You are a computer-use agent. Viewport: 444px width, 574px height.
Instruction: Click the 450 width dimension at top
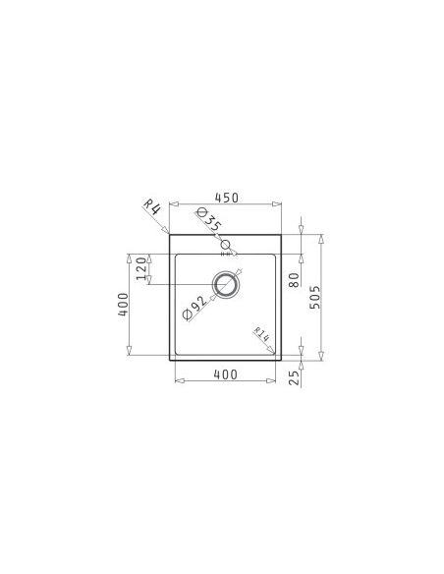226,198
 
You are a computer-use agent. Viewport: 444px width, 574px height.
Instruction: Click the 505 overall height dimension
315,297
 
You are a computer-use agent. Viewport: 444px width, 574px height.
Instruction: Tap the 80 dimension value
295,280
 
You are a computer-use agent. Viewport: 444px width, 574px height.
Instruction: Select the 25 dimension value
295,377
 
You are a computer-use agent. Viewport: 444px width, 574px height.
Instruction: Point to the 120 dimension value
141,268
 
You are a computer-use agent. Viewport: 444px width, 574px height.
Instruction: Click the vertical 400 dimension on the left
123,305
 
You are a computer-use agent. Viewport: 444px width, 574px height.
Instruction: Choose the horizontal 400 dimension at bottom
225,374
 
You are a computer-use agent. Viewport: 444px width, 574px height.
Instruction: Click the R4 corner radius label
152,207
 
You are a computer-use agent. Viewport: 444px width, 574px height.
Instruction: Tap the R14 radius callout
262,334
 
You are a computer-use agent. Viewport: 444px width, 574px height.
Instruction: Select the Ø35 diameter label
208,219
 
